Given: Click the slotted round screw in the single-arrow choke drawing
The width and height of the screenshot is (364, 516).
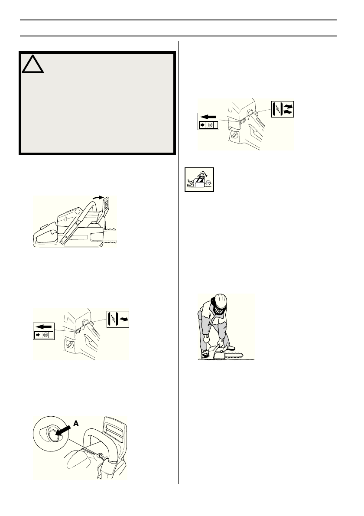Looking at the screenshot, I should [x=68, y=345].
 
